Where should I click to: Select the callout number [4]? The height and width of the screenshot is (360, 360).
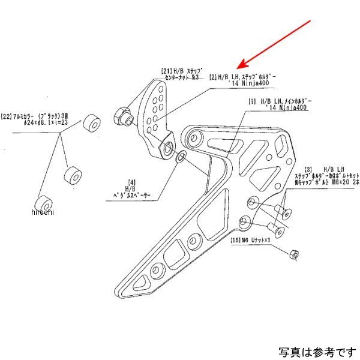coord(130,181)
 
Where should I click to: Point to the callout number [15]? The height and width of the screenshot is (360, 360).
coord(235,241)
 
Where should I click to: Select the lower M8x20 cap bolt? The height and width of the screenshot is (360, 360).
coord(275,227)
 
